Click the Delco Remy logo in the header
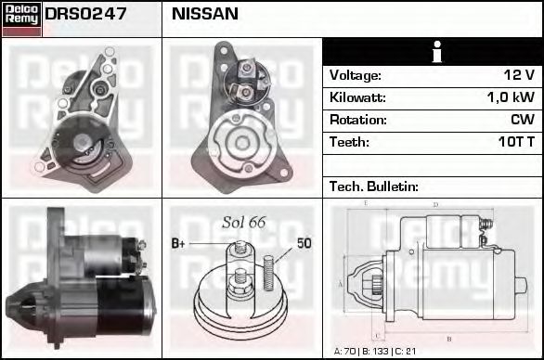tap(21, 19)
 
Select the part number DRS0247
tap(85, 14)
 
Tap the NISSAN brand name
tap(204, 14)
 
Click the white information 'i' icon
tap(437, 52)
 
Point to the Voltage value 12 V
tap(519, 75)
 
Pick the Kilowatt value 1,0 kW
tap(511, 97)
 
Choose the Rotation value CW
tap(523, 120)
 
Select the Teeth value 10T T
tap(516, 142)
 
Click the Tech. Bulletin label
tap(374, 186)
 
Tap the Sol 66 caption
tap(244, 223)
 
